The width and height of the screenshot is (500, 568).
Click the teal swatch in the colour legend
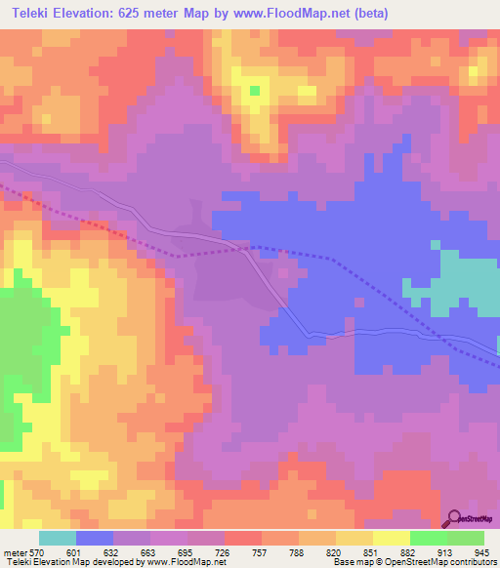point(58,538)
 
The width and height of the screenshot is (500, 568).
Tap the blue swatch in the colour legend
point(95,538)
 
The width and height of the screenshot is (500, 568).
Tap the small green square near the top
point(254,91)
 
